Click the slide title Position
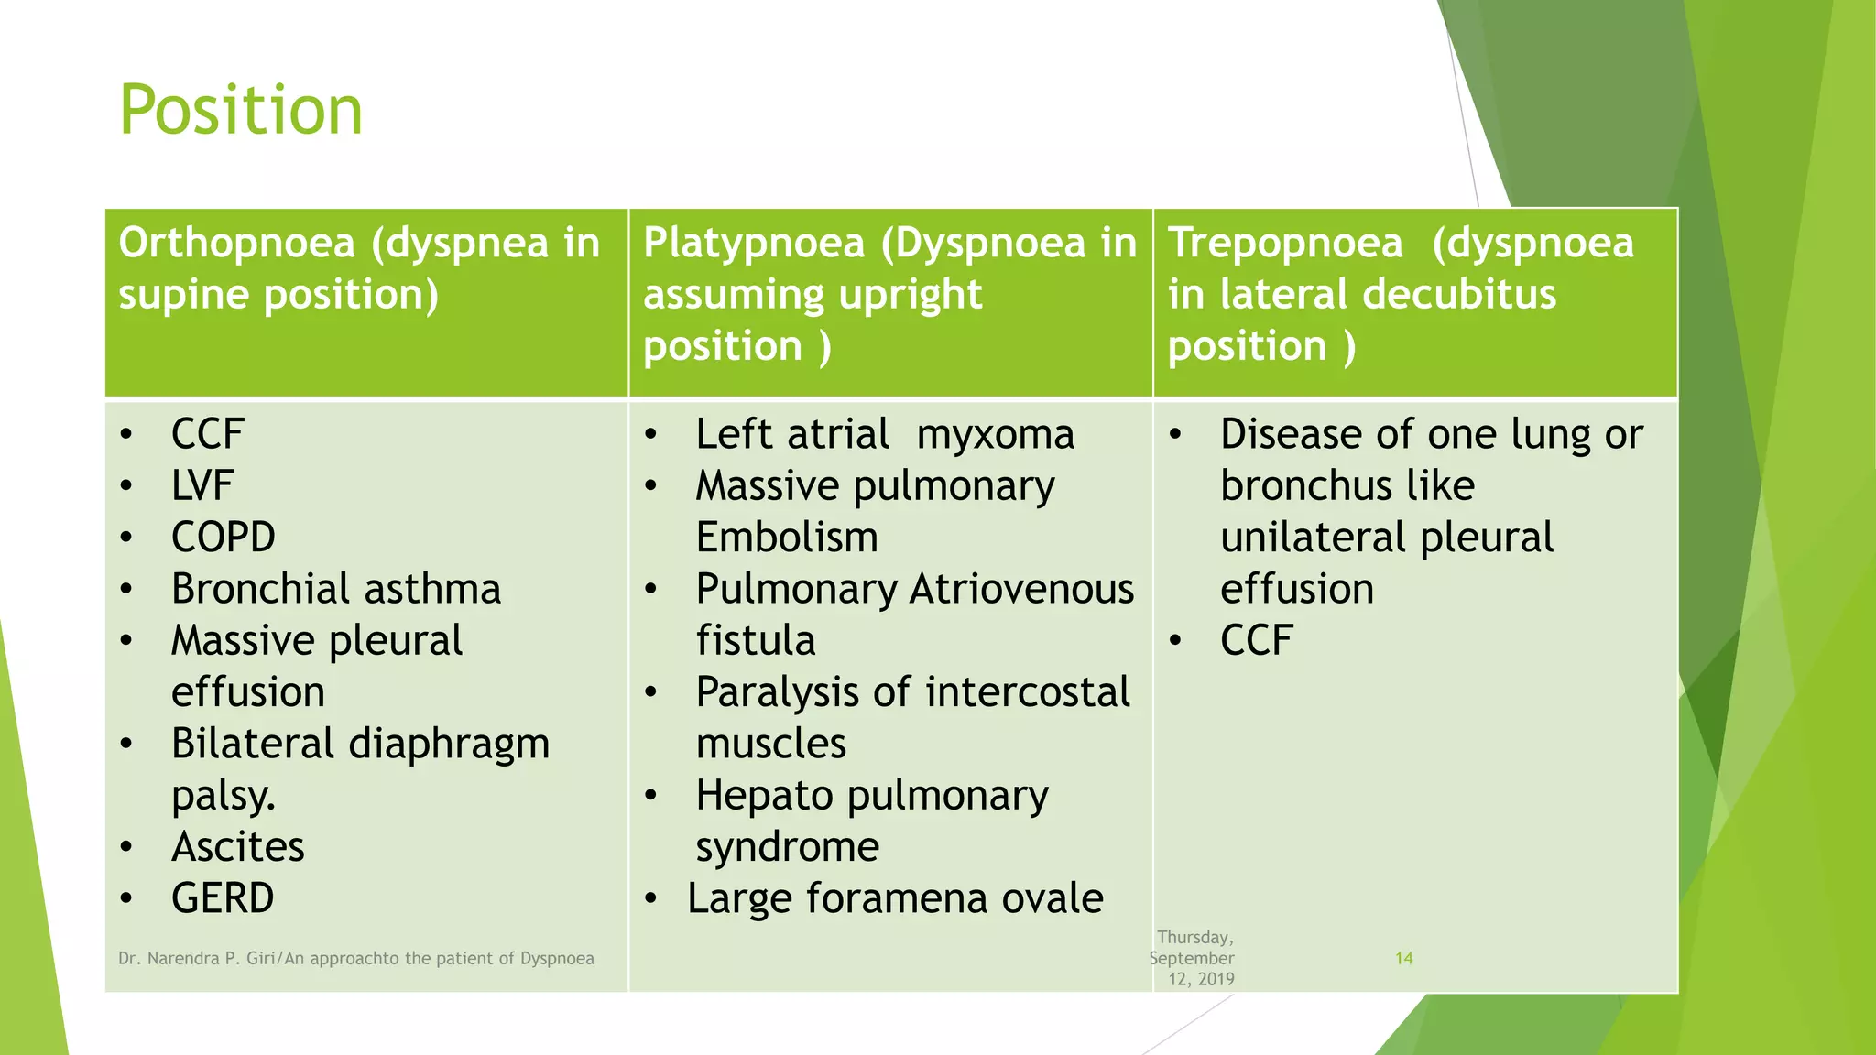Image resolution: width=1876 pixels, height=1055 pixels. tap(241, 111)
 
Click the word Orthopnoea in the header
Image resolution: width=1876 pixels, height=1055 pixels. tap(236, 244)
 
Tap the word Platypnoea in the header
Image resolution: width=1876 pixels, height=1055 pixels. tap(754, 244)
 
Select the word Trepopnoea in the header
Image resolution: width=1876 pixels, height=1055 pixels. tap(1285, 244)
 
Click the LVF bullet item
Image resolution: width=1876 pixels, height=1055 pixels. tap(202, 486)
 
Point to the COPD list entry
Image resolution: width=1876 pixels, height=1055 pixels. tap(223, 538)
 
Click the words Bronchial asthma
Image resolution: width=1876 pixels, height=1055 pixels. tap(335, 589)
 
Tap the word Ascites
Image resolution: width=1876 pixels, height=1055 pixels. tap(237, 847)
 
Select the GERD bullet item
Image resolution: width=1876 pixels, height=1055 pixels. tap(223, 898)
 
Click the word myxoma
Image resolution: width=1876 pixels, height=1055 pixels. tap(995, 435)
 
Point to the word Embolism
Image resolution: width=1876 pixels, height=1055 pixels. tap(787, 538)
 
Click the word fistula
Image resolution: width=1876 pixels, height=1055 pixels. tap(756, 641)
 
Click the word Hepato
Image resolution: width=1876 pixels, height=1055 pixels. tap(764, 796)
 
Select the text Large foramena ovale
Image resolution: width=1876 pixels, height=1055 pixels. tap(895, 898)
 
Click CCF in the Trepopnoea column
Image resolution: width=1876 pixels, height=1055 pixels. tap(1256, 641)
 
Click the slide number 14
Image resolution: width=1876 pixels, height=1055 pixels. tap(1403, 958)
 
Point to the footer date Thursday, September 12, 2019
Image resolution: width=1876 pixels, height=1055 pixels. tap(1194, 958)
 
